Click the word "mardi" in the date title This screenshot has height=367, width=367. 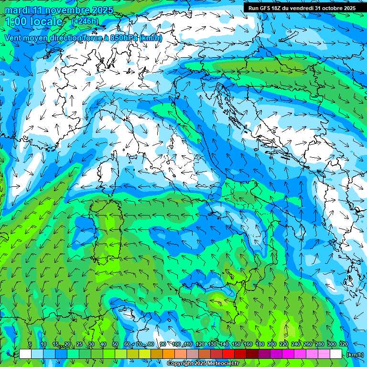16,10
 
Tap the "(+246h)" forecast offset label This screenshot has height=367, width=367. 85,22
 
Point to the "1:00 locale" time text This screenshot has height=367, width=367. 33,22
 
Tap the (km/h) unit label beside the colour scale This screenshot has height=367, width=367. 355,355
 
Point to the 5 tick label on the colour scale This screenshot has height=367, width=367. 30,344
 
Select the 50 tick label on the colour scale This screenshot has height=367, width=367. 115,344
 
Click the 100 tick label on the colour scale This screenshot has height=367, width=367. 176,344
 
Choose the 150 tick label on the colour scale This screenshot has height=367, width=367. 236,344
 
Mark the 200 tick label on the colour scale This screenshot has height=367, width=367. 272,344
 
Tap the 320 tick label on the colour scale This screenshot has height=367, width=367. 343,344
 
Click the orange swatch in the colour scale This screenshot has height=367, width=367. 169,354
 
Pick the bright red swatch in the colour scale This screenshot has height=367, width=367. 228,354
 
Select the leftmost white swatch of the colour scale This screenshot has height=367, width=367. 25,354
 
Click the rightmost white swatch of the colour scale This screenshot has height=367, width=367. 336,354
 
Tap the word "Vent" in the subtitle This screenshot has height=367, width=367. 13,38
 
